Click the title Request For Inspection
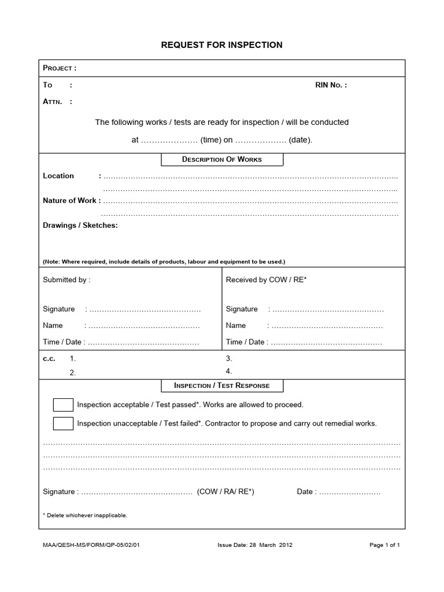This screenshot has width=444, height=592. tap(222, 45)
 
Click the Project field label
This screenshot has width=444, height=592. tap(60, 68)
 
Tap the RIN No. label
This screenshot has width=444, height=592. tap(331, 85)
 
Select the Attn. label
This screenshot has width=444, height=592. tap(58, 102)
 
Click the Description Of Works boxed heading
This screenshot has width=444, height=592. tap(222, 160)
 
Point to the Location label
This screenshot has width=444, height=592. tap(58, 176)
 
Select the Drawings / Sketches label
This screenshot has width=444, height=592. tap(80, 225)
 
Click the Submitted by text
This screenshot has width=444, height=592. tap(66, 280)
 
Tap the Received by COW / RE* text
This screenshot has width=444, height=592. tap(266, 280)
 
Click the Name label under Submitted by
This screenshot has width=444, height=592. tap(53, 325)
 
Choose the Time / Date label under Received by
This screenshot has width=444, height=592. tap(245, 342)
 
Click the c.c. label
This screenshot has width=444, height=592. tap(49, 358)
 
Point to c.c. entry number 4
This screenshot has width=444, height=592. tap(229, 371)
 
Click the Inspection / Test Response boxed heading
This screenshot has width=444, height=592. tap(222, 386)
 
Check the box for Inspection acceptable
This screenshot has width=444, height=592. tap(63, 405)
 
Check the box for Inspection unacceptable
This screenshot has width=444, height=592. tap(63, 423)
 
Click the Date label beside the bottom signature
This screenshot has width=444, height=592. tap(305, 492)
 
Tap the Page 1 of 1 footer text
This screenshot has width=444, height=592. tap(384, 545)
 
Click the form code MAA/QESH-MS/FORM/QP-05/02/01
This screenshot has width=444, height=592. tap(91, 545)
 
